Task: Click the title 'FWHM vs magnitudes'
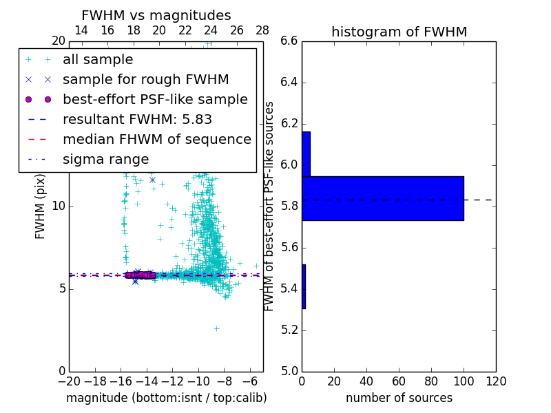[x=156, y=16]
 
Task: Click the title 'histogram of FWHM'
[x=399, y=32]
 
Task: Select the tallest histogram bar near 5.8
[x=382, y=198]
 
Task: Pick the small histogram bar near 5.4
[x=304, y=286]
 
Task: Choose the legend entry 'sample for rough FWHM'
[x=145, y=79]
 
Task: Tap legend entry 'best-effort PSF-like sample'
[x=155, y=99]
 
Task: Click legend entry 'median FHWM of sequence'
[x=156, y=139]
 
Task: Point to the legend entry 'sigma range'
[x=105, y=159]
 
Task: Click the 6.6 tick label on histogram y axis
[x=289, y=41]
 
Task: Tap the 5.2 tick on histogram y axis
[x=289, y=330]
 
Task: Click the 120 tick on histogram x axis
[x=495, y=381]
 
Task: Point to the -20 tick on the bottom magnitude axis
[x=69, y=381]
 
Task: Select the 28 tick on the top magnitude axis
[x=262, y=30]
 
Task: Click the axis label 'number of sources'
[x=399, y=398]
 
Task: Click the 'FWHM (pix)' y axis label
[x=41, y=206]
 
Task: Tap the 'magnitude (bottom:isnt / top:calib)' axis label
[x=166, y=398]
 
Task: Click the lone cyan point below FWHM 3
[x=216, y=328]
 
